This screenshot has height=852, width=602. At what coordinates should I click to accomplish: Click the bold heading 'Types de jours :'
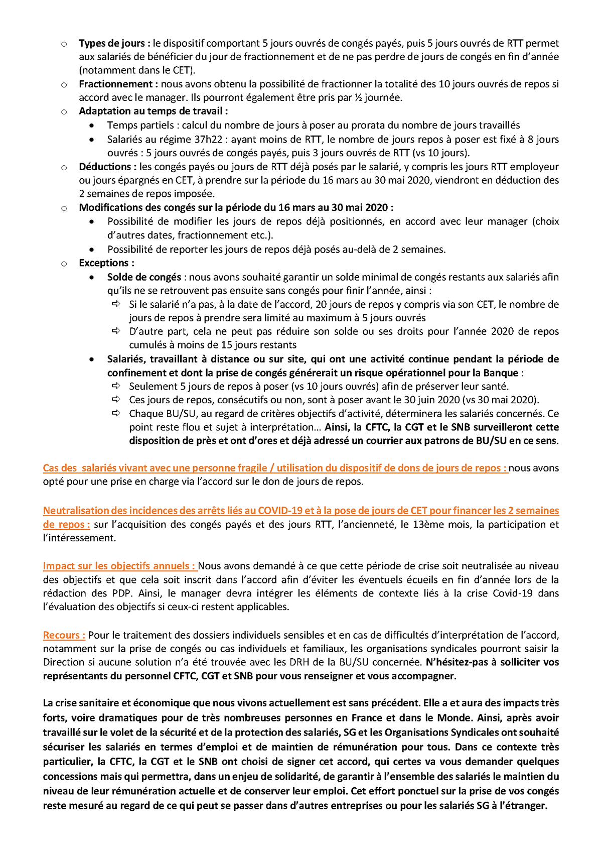coord(114,44)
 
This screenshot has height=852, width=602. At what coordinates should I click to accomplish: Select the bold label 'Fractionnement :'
coord(118,84)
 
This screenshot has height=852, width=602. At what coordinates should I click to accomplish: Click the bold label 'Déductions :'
coord(107,167)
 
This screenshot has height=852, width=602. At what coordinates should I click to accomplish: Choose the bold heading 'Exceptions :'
coord(106,263)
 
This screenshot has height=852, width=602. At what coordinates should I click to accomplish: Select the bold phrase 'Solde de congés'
coord(144,277)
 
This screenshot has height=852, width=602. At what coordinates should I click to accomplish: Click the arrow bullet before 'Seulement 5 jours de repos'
coord(116,386)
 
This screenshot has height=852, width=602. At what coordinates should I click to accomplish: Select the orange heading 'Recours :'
coord(64,635)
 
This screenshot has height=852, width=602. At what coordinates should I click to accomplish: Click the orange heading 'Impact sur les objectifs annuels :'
coord(119,566)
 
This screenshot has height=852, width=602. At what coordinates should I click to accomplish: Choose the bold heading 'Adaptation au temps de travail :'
coord(153,111)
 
